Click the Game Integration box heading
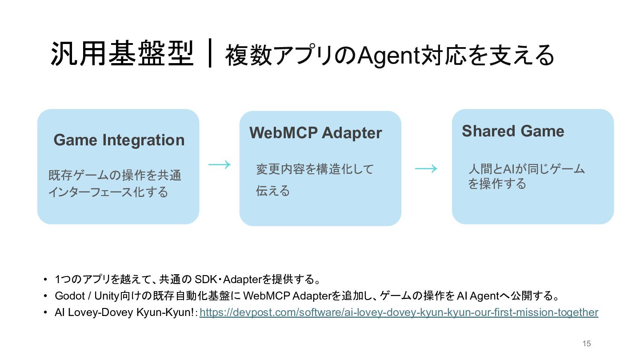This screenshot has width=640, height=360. (119, 140)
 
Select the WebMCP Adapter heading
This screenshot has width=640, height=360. (316, 133)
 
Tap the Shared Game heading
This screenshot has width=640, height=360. (513, 131)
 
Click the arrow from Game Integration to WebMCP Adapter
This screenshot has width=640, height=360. (220, 164)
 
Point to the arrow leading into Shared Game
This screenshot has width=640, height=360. (426, 168)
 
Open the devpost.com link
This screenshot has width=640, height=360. (399, 312)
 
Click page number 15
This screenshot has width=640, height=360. (587, 344)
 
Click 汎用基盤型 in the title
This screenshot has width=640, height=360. (122, 53)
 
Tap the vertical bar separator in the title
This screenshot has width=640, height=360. (210, 53)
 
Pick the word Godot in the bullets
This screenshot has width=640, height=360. (70, 296)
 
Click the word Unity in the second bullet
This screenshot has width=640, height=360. (106, 296)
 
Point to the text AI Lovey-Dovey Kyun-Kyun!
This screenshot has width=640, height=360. (124, 312)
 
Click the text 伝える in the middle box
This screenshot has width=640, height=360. (273, 191)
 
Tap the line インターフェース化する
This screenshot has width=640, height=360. (108, 192)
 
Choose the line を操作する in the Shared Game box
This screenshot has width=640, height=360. (497, 184)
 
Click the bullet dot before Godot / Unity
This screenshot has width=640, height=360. (45, 296)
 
